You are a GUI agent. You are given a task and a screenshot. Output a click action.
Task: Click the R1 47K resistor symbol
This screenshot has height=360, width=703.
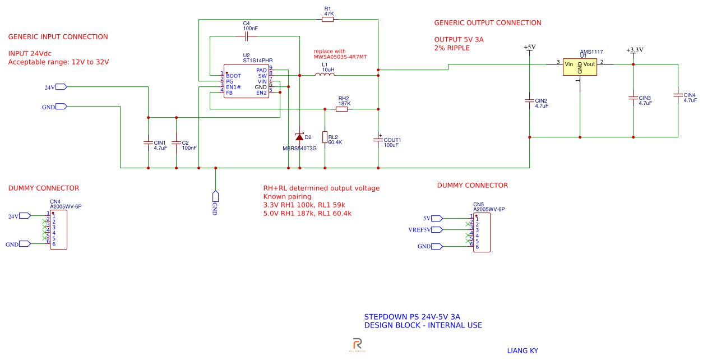(328, 20)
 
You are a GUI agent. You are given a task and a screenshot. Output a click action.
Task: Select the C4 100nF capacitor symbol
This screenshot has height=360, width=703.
(246, 36)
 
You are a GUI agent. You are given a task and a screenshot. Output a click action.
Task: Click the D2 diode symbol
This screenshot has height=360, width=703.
(299, 137)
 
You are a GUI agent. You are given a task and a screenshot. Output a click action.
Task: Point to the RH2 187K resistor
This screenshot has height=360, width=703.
(342, 109)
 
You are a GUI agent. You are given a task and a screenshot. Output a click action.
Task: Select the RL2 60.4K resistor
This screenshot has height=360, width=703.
(325, 137)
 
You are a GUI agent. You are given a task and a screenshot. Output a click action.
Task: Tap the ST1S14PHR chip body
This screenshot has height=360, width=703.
(246, 82)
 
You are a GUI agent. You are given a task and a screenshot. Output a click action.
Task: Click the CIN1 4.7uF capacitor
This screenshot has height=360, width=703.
(148, 142)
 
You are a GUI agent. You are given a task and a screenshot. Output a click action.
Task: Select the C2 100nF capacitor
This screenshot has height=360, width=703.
(176, 142)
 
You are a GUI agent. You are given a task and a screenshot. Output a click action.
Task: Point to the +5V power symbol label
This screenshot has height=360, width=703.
(529, 48)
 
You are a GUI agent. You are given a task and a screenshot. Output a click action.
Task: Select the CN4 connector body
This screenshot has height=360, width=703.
(58, 230)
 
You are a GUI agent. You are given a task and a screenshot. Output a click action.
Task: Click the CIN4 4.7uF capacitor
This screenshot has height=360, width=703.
(678, 95)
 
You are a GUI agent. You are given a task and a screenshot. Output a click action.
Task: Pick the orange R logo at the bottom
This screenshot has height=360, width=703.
(357, 344)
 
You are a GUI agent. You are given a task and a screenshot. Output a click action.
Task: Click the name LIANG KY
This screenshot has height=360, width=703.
(522, 350)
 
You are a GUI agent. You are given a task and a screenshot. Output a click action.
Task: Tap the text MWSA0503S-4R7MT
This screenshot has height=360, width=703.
(340, 57)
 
